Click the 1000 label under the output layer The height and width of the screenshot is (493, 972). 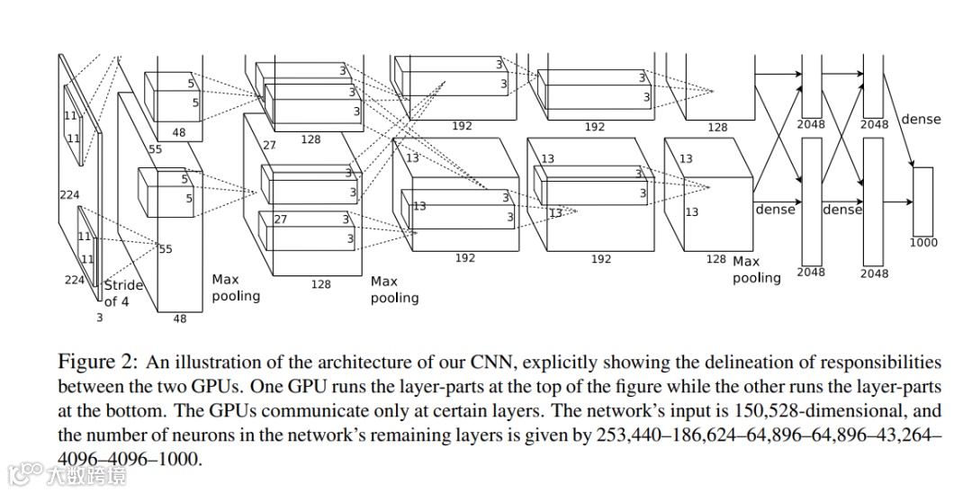(923, 242)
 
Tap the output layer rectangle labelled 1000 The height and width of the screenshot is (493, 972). (923, 201)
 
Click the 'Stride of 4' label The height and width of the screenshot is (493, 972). (121, 293)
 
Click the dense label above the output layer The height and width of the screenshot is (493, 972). (920, 119)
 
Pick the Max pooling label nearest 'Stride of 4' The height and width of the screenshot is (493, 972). (235, 288)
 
